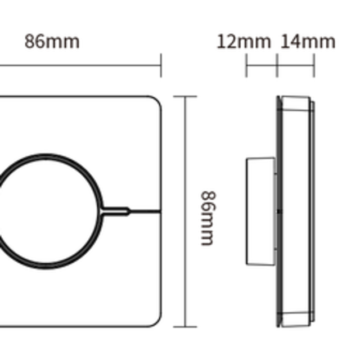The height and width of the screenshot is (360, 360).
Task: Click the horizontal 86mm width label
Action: click(x=52, y=42)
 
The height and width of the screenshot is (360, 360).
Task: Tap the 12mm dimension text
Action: click(x=244, y=42)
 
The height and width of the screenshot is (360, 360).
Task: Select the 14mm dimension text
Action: click(x=308, y=42)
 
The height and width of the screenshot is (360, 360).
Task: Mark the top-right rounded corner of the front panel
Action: click(x=156, y=101)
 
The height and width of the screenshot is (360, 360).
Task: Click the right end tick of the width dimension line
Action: click(x=161, y=65)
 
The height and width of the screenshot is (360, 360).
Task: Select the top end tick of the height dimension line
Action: click(x=184, y=97)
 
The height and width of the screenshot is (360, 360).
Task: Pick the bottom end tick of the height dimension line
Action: click(x=184, y=326)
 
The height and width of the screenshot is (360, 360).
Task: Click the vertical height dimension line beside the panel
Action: click(x=184, y=169)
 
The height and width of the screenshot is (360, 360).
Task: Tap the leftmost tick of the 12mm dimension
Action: click(x=246, y=66)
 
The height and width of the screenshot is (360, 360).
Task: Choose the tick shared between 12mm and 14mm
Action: click(x=277, y=66)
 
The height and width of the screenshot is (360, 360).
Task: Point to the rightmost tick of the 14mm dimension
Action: click(x=314, y=66)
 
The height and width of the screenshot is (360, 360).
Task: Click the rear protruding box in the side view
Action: click(x=260, y=211)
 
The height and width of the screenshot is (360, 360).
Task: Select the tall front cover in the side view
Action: click(x=295, y=211)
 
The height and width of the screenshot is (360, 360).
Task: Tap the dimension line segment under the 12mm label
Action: click(x=262, y=66)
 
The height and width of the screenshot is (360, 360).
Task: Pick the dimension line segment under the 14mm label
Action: click(x=296, y=66)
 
